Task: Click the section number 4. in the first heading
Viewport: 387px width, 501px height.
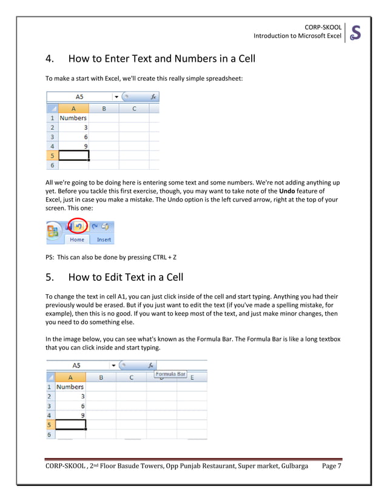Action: pyautogui.click(x=52, y=59)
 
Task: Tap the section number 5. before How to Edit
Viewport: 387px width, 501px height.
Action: pyautogui.click(x=52, y=277)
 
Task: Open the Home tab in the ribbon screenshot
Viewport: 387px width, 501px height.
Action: pyautogui.click(x=77, y=240)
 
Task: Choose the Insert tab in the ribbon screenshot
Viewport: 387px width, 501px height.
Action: pyautogui.click(x=104, y=240)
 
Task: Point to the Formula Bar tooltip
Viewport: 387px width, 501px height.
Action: pyautogui.click(x=170, y=374)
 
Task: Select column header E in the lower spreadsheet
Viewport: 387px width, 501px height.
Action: pyautogui.click(x=192, y=377)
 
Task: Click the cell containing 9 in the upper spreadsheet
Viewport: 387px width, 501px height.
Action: pyautogui.click(x=73, y=146)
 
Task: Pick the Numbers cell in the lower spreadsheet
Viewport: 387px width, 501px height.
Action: pyautogui.click(x=70, y=386)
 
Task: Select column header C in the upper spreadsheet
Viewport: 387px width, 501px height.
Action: pyautogui.click(x=133, y=109)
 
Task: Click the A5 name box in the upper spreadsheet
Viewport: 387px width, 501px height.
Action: pyautogui.click(x=79, y=96)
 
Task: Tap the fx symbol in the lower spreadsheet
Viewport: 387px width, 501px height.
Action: pyautogui.click(x=150, y=366)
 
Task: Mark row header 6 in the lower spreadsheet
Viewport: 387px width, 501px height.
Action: pyautogui.click(x=50, y=434)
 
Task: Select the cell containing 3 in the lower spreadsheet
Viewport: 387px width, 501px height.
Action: pyautogui.click(x=70, y=396)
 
